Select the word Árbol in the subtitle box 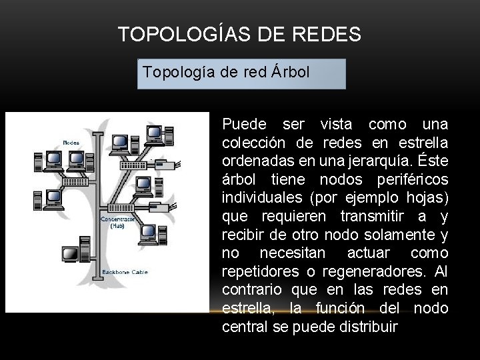click(290, 71)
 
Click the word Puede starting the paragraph click(244, 125)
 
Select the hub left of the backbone click(75, 181)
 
